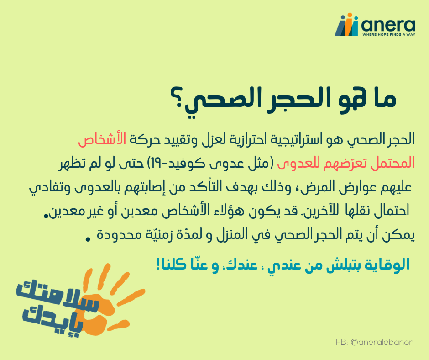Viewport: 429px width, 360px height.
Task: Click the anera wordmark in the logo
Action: point(388,25)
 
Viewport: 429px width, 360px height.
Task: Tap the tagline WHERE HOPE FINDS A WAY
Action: point(389,35)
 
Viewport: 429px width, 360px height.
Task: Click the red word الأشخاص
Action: point(102,139)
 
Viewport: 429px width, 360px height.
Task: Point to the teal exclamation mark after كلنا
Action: point(158,265)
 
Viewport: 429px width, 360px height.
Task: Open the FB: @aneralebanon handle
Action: point(375,343)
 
